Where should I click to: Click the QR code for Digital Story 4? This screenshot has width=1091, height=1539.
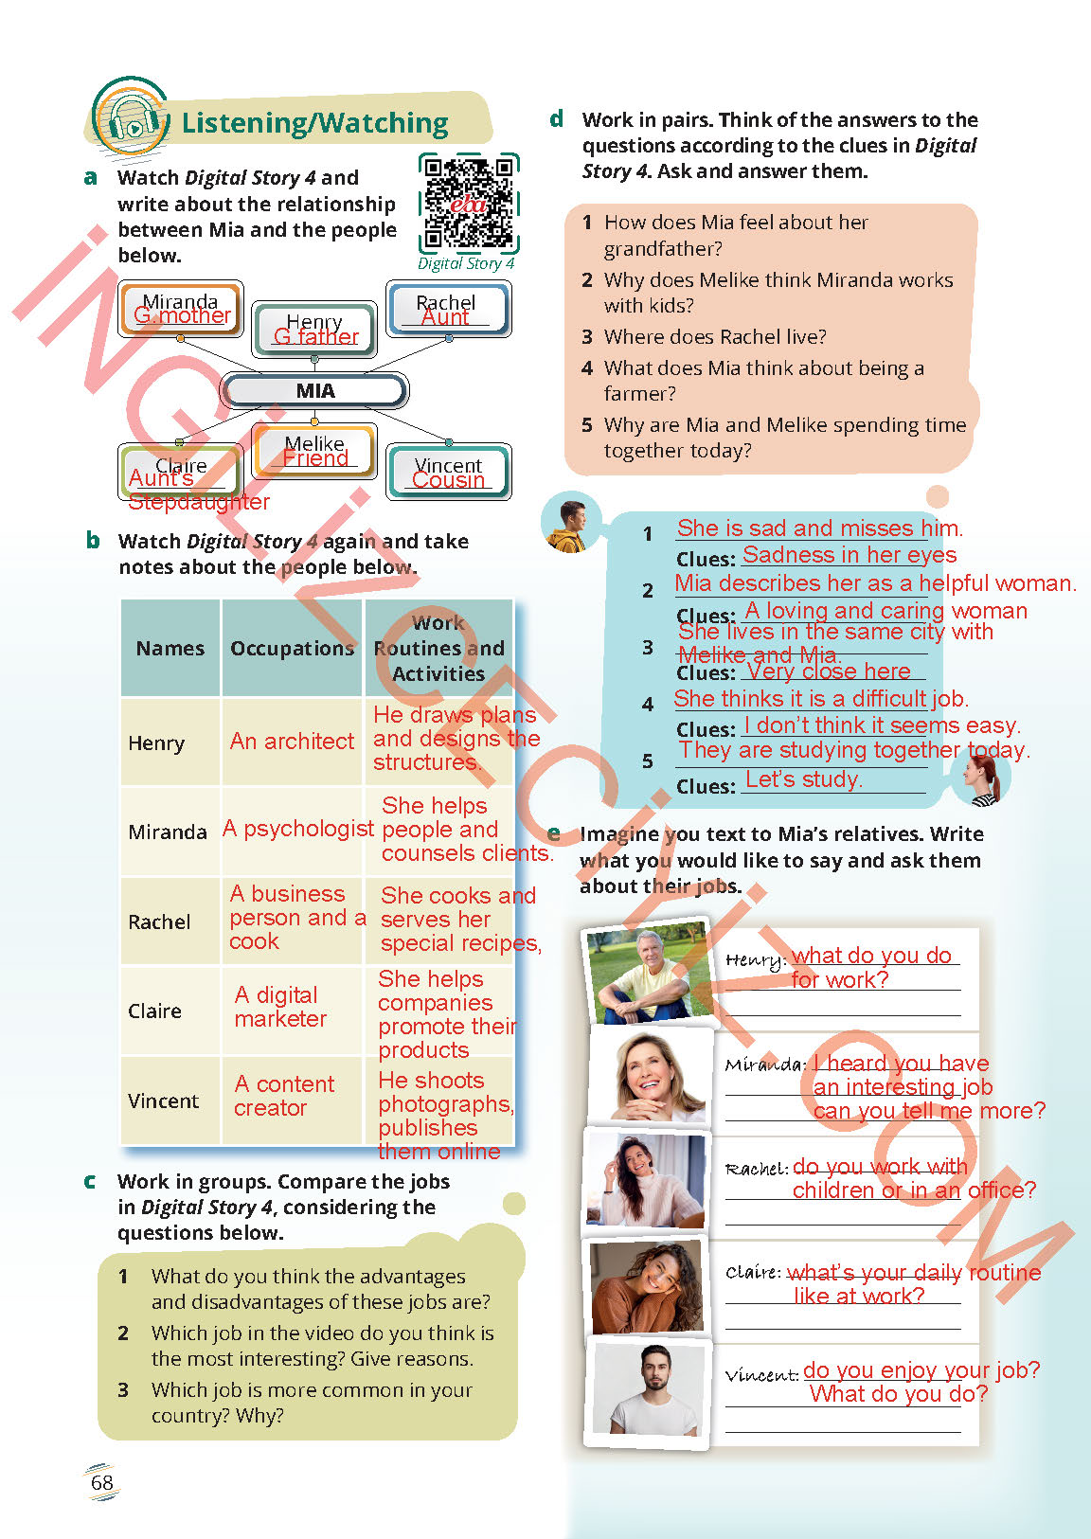(468, 203)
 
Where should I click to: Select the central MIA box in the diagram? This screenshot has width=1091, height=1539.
(314, 390)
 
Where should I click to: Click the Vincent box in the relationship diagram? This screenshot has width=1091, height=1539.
(449, 471)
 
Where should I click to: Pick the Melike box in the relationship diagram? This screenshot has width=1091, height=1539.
(314, 450)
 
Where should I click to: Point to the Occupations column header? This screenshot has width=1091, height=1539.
(292, 649)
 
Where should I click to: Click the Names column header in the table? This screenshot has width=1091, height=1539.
(170, 649)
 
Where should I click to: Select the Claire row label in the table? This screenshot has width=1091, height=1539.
(154, 1011)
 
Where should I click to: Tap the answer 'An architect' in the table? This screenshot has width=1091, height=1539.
(292, 742)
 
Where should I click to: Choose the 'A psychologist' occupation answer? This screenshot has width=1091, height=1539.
(297, 829)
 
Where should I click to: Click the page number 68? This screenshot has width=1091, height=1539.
(101, 1482)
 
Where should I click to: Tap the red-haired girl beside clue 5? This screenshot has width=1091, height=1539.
(981, 778)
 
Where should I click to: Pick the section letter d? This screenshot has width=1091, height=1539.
(557, 119)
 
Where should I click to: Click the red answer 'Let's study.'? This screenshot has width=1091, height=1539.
(803, 779)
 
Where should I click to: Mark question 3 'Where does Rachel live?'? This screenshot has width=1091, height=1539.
(714, 337)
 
